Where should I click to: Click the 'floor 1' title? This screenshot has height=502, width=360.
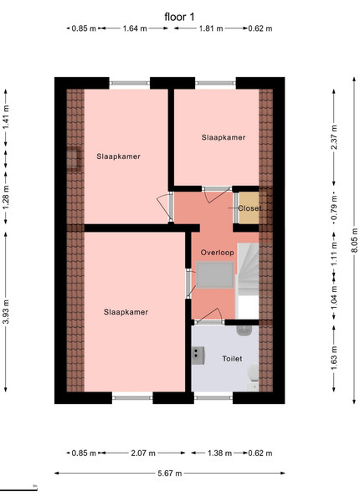pyautogui.click(x=179, y=17)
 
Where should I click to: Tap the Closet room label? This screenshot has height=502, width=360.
pyautogui.click(x=249, y=208)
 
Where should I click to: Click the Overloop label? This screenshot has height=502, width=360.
pyautogui.click(x=217, y=253)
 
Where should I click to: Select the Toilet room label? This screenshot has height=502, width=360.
pyautogui.click(x=232, y=359)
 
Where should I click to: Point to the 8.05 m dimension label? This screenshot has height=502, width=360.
pyautogui.click(x=354, y=240)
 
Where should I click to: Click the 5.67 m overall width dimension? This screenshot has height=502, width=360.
pyautogui.click(x=170, y=473)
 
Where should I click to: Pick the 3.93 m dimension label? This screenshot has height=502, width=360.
pyautogui.click(x=6, y=312)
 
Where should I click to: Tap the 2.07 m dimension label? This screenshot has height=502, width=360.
pyautogui.click(x=143, y=453)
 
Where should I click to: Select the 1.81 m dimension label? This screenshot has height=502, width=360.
pyautogui.click(x=211, y=28)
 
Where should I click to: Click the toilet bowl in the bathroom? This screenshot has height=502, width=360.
pyautogui.click(x=254, y=372)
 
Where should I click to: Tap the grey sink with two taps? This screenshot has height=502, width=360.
pyautogui.click(x=198, y=356)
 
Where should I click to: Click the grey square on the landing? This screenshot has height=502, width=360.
pyautogui.click(x=215, y=275)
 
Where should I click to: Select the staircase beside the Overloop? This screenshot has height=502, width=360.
pyautogui.click(x=248, y=269)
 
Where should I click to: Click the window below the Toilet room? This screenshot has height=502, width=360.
pyautogui.click(x=213, y=397)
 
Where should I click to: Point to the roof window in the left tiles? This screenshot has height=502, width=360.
pyautogui.click(x=74, y=158)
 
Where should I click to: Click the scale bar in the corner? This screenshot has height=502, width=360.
pyautogui.click(x=18, y=489)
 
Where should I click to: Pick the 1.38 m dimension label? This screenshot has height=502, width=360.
pyautogui.click(x=219, y=453)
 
